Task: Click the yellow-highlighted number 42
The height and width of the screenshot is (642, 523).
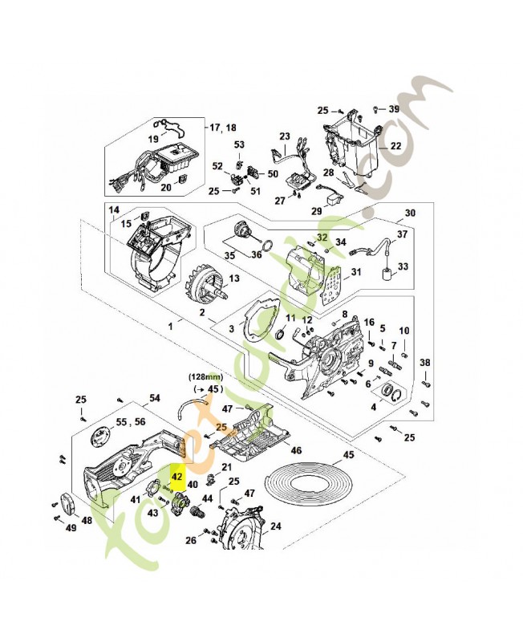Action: pyautogui.click(x=178, y=475)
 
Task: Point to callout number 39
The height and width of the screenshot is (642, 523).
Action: pyautogui.click(x=394, y=108)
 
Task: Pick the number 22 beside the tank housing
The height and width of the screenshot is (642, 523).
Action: pyautogui.click(x=395, y=147)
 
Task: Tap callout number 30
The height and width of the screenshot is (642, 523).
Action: pyautogui.click(x=411, y=213)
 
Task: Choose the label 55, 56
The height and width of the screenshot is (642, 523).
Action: pyautogui.click(x=129, y=421)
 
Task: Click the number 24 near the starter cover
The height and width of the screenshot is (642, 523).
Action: pyautogui.click(x=275, y=526)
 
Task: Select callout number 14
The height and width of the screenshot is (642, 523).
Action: pyautogui.click(x=114, y=210)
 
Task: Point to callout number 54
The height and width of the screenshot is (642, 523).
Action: pyautogui.click(x=155, y=398)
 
